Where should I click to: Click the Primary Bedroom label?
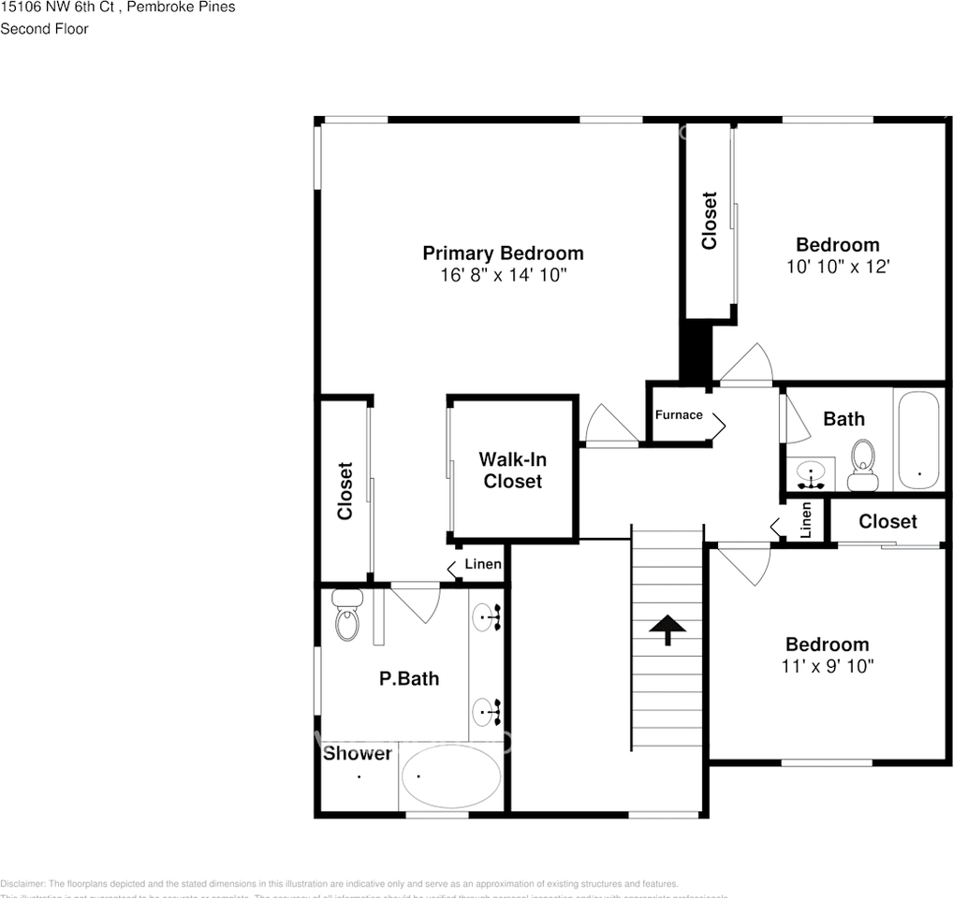tap(503, 253)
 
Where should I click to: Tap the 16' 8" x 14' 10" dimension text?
tap(503, 275)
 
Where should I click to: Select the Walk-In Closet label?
tap(512, 471)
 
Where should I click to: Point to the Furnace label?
tap(678, 414)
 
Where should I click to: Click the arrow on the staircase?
tap(667, 630)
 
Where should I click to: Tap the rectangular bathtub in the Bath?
tap(917, 441)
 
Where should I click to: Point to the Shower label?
tap(358, 753)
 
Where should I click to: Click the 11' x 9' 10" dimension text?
tap(827, 666)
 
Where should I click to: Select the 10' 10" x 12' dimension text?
tap(837, 267)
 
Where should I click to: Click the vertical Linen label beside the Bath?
tap(806, 520)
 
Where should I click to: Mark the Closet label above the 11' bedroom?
tap(887, 521)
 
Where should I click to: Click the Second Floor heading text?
tap(44, 29)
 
